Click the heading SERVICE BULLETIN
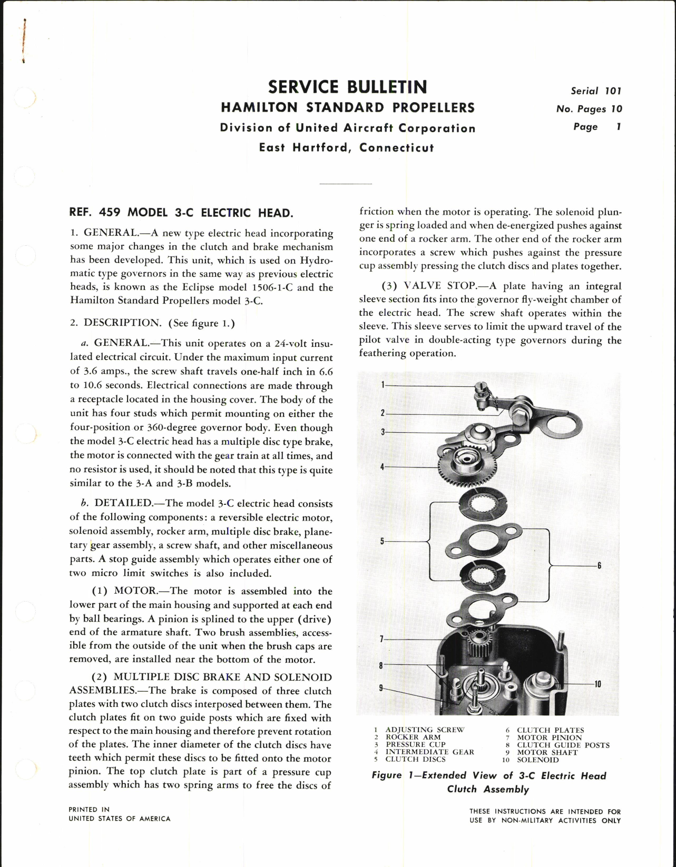coord(347,87)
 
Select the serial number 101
coord(613,91)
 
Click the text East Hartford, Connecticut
coord(346,147)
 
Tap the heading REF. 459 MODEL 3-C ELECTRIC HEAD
coord(181,213)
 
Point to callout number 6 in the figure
coord(599,566)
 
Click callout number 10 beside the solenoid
coord(597,684)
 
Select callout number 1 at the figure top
coord(383,385)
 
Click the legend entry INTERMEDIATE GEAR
coord(429,752)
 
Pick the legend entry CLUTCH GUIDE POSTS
coord(563,745)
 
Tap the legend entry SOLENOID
coord(537,760)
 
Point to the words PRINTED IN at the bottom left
coord(89,809)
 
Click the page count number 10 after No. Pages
coord(616,109)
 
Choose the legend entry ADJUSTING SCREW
coord(425,730)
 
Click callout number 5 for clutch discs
coord(383,541)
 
